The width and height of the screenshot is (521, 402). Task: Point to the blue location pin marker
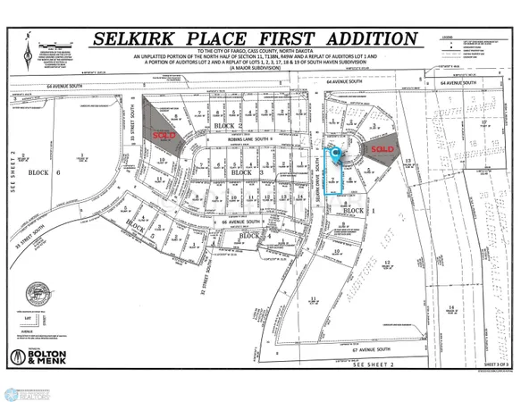[336, 155]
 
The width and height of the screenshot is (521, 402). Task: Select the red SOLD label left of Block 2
[164, 135]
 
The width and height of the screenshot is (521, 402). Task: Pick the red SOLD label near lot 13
[383, 148]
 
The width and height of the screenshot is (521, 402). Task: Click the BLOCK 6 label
[38, 172]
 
